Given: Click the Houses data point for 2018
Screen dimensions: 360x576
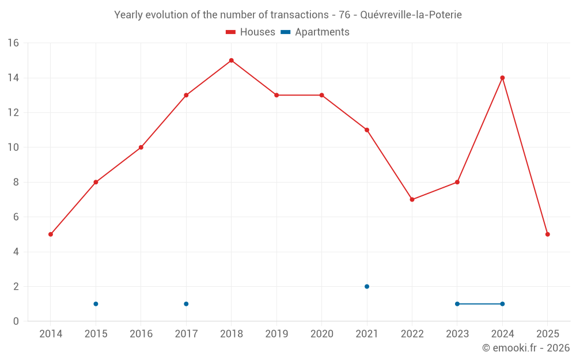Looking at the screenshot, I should pyautogui.click(x=231, y=60).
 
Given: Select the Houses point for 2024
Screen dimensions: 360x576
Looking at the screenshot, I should pyautogui.click(x=502, y=78).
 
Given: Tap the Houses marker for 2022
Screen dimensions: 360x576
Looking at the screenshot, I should pyautogui.click(x=412, y=199).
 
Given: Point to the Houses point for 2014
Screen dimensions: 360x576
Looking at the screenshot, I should pyautogui.click(x=51, y=234).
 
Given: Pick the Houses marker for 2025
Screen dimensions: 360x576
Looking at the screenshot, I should pyautogui.click(x=547, y=234).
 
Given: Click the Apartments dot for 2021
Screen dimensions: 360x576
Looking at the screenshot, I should pyautogui.click(x=367, y=286).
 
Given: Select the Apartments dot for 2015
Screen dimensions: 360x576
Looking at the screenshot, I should pyautogui.click(x=96, y=304).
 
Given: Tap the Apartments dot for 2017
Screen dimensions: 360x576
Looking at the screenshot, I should pyautogui.click(x=186, y=304).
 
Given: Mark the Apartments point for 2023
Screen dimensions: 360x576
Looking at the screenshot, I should pyautogui.click(x=457, y=304).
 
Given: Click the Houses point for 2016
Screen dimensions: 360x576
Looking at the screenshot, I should pyautogui.click(x=141, y=147).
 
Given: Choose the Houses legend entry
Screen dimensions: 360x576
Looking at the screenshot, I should pyautogui.click(x=251, y=32).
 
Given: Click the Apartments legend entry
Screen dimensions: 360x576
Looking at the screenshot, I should pyautogui.click(x=315, y=32).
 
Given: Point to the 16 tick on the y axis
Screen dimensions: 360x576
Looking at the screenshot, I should pyautogui.click(x=13, y=43).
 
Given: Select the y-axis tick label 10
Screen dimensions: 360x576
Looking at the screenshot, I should pyautogui.click(x=13, y=147).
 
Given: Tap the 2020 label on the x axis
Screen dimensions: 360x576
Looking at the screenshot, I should pyautogui.click(x=321, y=334).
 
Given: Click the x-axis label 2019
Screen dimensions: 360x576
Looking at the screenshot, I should pyautogui.click(x=276, y=334).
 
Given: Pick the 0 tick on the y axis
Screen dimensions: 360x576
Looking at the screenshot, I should pyautogui.click(x=16, y=321).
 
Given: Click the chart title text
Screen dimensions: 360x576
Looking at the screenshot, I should pyautogui.click(x=288, y=15).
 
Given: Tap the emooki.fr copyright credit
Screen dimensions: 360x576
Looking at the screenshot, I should pyautogui.click(x=526, y=348).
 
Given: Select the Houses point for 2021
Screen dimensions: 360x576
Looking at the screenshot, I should pyautogui.click(x=367, y=130).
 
